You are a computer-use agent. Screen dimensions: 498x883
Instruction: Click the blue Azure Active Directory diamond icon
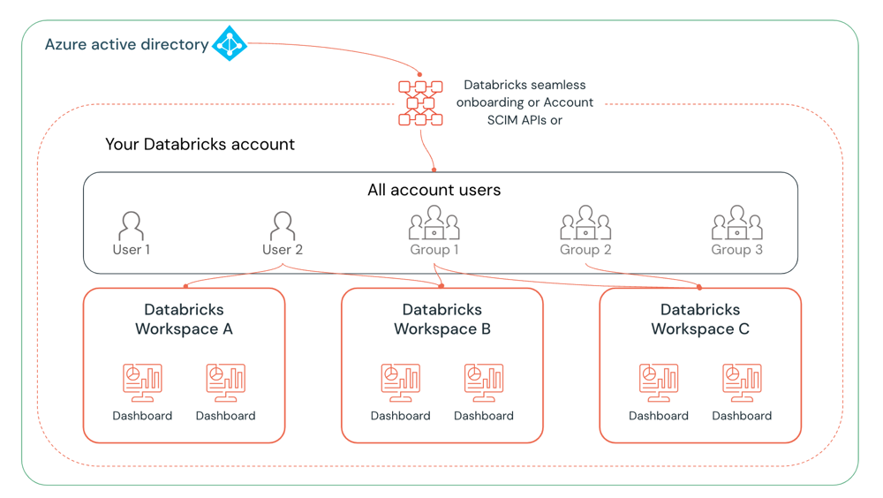[230, 43]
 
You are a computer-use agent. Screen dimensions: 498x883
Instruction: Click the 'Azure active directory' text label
[126, 44]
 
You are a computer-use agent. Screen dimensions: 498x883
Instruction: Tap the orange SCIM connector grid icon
[420, 103]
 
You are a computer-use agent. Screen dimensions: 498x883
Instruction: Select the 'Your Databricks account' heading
[200, 144]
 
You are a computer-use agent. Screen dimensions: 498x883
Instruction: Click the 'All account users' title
[434, 190]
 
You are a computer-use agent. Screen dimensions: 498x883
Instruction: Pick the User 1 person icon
[131, 226]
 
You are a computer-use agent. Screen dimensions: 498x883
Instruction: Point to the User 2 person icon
[283, 226]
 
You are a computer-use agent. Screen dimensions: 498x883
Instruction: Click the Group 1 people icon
[434, 223]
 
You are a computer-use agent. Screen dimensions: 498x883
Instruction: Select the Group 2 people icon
[585, 223]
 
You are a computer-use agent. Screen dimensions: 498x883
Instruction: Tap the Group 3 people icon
[736, 223]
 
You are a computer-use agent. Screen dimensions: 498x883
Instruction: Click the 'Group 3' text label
[736, 250]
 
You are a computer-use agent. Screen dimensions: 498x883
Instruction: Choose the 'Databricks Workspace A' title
[184, 320]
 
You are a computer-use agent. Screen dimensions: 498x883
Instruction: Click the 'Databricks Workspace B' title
[441, 320]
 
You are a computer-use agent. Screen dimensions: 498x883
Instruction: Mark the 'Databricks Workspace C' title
[700, 320]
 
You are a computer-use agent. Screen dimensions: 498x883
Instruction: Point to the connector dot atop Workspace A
[185, 286]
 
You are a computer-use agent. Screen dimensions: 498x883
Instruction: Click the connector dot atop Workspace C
[699, 287]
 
